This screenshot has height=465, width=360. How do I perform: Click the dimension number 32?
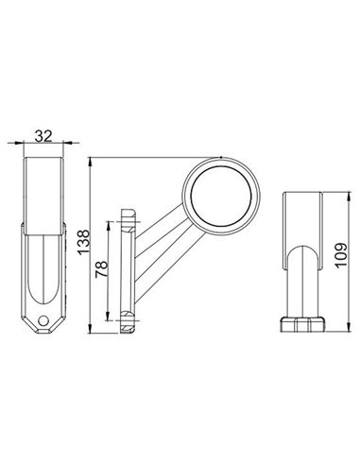click(x=43, y=136)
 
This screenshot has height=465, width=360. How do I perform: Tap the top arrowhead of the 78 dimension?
click(x=111, y=223)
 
